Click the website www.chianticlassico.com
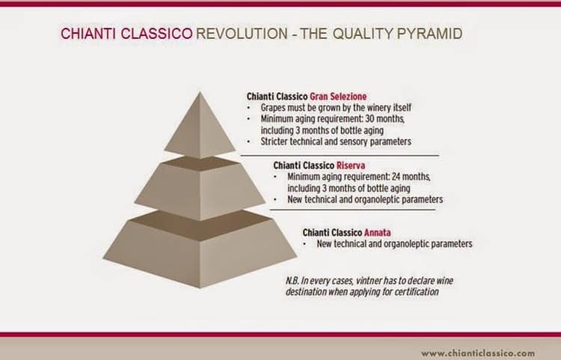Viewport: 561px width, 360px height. tap(478, 352)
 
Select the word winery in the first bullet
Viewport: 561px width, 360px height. tap(370, 108)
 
